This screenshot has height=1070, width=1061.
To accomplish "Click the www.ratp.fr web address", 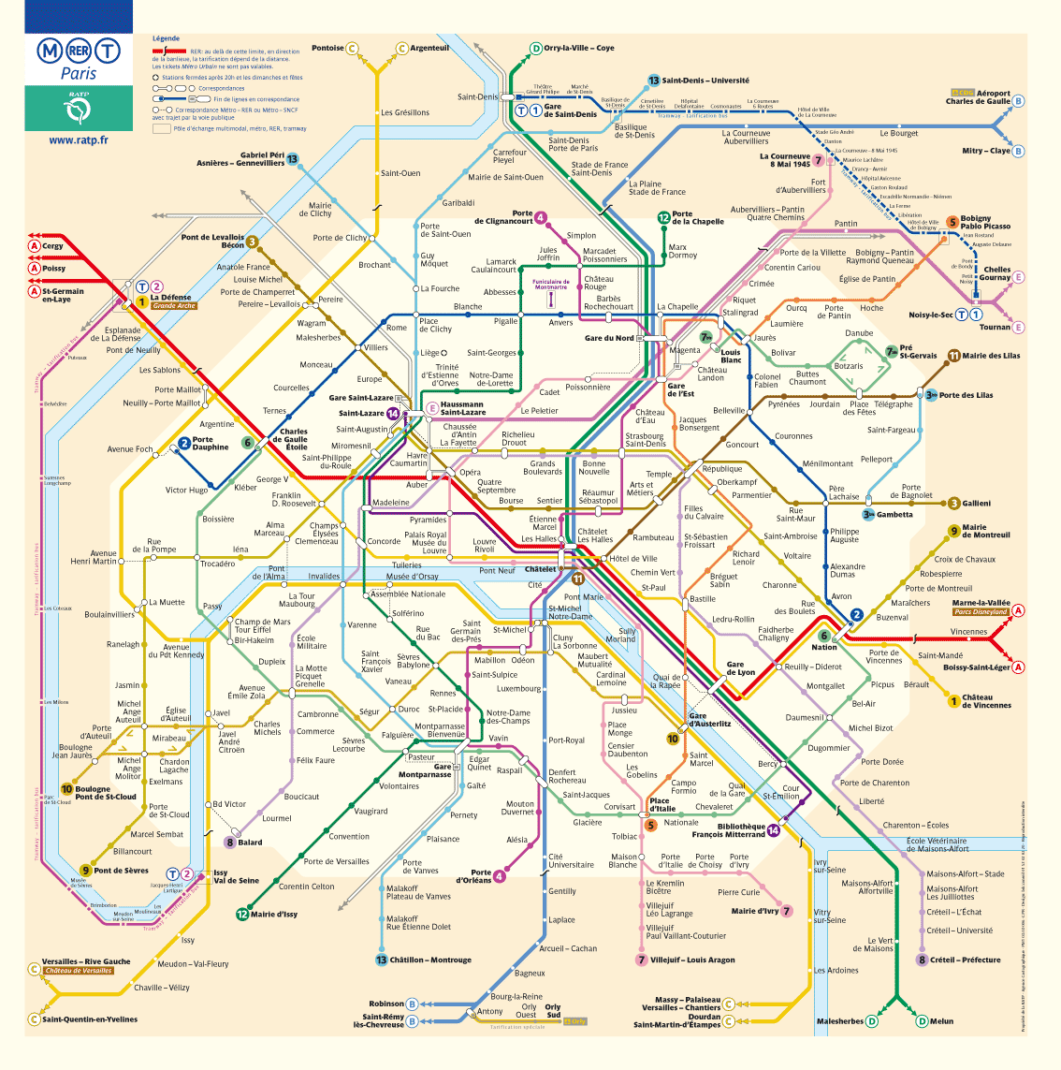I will [x=78, y=140].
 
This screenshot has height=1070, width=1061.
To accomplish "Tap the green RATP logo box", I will [x=79, y=108].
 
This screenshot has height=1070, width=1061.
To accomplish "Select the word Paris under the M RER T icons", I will [x=79, y=74].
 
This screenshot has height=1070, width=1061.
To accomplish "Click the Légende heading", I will [x=166, y=38].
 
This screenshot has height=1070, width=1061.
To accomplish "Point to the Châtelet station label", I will [x=540, y=569].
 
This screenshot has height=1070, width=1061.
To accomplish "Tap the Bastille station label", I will [x=702, y=599].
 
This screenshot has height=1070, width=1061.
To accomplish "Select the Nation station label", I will [x=824, y=647].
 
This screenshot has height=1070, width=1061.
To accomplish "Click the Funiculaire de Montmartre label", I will [x=551, y=285].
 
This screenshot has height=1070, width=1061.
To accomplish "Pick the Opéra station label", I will [x=470, y=473].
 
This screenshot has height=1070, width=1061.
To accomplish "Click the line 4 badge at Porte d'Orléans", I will [x=500, y=876].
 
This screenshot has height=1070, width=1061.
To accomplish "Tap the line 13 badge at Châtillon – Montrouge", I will [x=381, y=960].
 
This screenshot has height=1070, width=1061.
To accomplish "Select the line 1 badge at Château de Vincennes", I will [x=953, y=700].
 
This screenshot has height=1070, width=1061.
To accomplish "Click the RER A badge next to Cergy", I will [x=35, y=246].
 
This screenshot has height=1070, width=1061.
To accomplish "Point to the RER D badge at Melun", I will [x=923, y=1021].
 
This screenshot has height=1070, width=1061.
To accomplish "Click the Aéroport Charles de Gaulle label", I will [x=978, y=97].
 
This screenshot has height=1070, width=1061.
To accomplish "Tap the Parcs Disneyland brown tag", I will [x=981, y=612].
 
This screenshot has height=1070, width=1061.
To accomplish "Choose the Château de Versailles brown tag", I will [x=78, y=971].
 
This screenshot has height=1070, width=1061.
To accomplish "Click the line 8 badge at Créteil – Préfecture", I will [x=922, y=960].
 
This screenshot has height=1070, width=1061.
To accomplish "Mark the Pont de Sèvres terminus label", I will [x=121, y=871].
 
